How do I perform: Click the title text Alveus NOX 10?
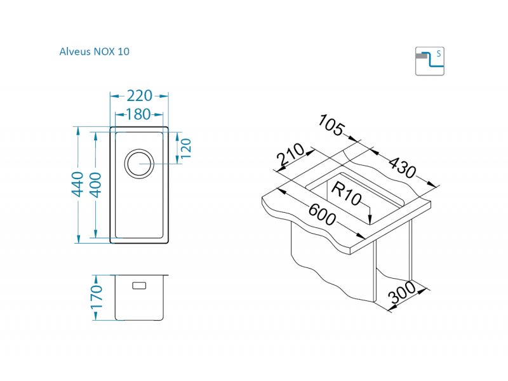(95, 51)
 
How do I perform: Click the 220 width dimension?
(139, 96)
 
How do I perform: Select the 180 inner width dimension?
(138, 114)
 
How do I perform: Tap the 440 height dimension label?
(77, 184)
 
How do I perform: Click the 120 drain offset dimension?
(186, 147)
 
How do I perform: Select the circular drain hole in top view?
(138, 163)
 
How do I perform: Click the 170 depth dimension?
(96, 298)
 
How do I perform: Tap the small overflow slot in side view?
(139, 285)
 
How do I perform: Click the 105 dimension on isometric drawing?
(331, 126)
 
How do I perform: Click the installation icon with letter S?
(429, 61)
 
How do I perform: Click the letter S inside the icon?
(438, 53)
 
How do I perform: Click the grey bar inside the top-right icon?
(422, 56)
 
